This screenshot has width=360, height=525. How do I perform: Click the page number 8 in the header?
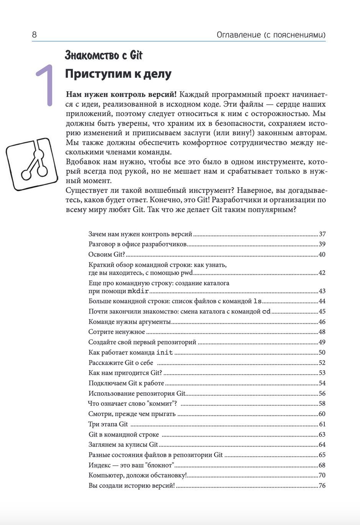point(34,35)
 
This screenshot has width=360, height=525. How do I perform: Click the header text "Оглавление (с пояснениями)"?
point(271,35)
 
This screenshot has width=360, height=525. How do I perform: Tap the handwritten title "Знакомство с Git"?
point(103,56)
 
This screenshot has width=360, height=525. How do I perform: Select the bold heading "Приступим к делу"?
point(118,74)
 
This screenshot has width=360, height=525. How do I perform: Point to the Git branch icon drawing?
point(31,164)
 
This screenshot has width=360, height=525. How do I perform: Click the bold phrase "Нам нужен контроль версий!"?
point(121,95)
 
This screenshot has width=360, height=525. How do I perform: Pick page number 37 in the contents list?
point(322,234)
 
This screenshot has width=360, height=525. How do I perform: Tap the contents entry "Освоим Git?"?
point(107,254)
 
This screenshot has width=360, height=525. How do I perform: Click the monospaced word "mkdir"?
point(138,291)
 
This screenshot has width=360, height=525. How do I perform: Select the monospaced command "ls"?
point(258,301)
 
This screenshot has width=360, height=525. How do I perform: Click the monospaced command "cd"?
point(266,312)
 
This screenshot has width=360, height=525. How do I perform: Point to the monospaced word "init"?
point(165,353)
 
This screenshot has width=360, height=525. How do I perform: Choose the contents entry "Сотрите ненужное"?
point(117,332)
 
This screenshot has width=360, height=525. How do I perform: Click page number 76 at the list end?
point(322,486)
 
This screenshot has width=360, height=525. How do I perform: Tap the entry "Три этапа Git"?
point(108,424)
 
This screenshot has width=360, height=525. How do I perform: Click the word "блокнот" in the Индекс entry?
point(161,465)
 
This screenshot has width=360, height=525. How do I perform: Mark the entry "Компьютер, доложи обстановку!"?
point(137,476)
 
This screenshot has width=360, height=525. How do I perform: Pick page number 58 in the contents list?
point(322,404)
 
